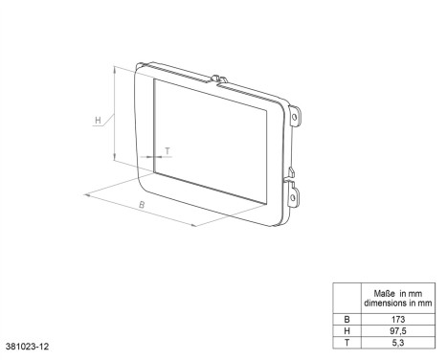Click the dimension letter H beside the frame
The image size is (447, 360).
[98, 121]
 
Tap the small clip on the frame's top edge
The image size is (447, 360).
[217, 79]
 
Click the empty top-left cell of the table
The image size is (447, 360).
[346, 296]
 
